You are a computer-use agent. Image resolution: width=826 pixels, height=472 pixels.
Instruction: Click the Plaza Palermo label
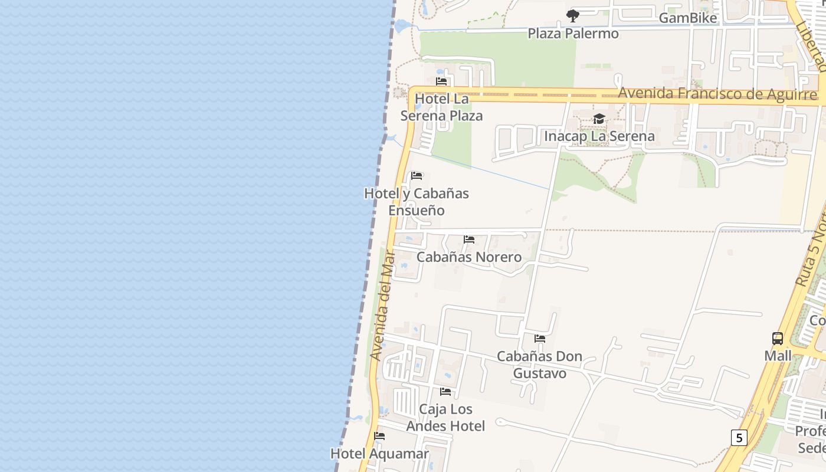pos(573,34)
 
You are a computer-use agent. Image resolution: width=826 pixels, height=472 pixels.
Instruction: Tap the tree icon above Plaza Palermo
pos(572,16)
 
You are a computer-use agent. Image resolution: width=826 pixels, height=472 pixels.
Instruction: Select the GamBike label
pos(687,18)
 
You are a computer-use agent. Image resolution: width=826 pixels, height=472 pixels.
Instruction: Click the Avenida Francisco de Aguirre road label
pos(717,94)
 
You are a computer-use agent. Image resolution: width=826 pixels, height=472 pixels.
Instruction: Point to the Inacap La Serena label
pos(599,136)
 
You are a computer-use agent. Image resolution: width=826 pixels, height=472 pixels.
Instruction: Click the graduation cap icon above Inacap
pos(599,119)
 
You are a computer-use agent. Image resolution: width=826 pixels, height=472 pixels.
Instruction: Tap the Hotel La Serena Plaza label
pos(441,107)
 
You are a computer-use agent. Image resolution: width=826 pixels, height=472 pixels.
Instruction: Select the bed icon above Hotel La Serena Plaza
pos(441,81)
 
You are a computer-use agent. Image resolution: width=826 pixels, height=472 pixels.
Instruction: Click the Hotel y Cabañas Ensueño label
pos(417,202)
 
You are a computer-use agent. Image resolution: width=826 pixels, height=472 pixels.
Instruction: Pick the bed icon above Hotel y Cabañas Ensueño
pos(417,176)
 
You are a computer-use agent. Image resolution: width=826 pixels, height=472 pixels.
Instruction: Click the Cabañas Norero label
pos(469,257)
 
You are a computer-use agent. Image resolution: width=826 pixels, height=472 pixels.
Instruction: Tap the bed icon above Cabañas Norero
pos(469,240)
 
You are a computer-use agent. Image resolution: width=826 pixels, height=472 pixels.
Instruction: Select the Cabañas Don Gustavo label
pos(539,365)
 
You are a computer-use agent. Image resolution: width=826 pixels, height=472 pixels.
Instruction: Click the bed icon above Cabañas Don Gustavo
pos(539,339)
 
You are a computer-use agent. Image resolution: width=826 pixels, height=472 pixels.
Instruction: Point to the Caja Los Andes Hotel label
pos(445,417)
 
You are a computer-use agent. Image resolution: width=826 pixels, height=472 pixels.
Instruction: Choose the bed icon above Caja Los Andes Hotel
pos(445,392)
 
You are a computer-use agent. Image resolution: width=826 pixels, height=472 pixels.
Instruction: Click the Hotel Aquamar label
pos(379,454)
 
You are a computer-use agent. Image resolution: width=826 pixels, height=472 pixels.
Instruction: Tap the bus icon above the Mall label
pos(778,339)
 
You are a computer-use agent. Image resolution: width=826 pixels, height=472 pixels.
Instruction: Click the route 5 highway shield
pos(739,438)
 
